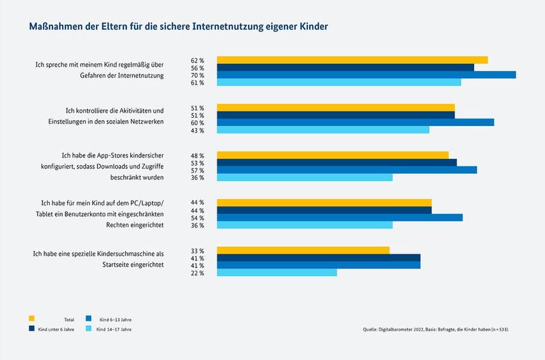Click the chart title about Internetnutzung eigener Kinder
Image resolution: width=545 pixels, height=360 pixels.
point(178,27)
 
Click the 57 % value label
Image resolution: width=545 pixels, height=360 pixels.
point(198,170)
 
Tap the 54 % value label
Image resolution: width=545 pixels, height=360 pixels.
point(198,218)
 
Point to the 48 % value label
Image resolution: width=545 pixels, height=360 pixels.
point(198,155)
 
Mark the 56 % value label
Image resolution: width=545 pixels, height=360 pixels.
point(198,68)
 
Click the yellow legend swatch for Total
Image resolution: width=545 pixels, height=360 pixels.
point(31,318)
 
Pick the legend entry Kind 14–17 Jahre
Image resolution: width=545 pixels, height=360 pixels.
point(114,329)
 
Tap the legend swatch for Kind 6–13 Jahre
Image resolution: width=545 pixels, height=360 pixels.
point(89,318)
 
